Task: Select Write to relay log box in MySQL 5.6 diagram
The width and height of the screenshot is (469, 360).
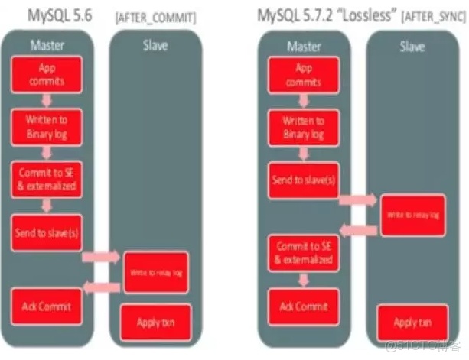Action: [155, 272]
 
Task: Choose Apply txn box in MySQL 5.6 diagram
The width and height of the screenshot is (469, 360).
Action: [155, 322]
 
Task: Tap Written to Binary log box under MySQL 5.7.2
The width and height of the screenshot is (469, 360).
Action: [303, 125]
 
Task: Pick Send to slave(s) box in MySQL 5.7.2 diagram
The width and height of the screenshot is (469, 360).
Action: [303, 179]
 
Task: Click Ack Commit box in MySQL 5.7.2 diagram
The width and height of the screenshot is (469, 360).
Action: [303, 306]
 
